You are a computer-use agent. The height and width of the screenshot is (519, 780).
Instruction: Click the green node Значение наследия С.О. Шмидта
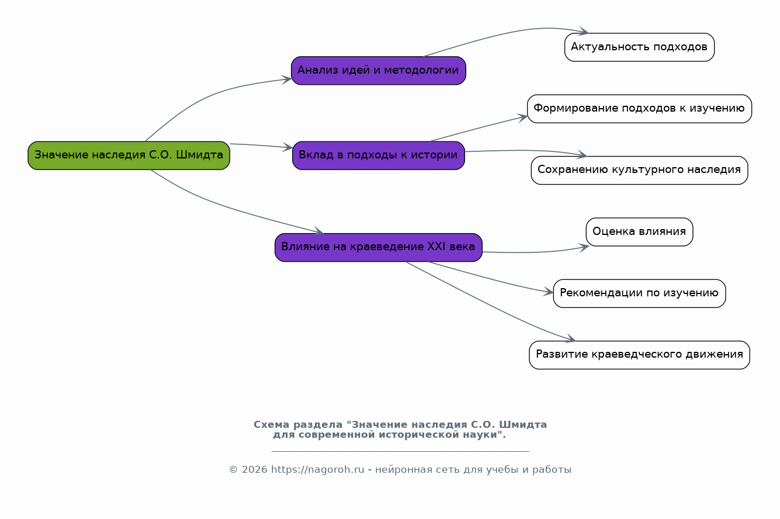pos(129,155)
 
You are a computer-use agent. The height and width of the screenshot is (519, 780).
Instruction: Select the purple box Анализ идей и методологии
pos(378,71)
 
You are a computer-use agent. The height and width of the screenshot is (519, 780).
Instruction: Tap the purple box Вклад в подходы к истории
pos(378,155)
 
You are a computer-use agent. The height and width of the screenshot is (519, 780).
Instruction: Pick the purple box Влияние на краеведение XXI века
pos(378,247)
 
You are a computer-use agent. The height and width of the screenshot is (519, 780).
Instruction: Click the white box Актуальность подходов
pos(639,47)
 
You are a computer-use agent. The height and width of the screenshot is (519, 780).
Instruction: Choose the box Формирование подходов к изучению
pos(639,109)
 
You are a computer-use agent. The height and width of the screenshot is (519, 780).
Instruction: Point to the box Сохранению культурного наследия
pos(639,170)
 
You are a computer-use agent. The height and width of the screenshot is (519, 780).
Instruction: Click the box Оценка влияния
pos(639,232)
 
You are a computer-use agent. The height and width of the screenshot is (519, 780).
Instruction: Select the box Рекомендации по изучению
pos(639,293)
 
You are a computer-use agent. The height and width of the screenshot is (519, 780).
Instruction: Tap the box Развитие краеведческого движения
pos(639,355)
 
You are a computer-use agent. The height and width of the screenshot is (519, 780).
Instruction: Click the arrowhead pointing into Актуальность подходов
pos(584,32)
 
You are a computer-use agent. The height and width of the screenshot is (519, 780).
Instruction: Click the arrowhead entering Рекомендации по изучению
pos(549,292)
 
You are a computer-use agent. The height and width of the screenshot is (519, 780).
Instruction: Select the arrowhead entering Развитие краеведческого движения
pos(571,340)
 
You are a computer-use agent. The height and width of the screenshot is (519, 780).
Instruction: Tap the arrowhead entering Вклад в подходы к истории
pos(288,148)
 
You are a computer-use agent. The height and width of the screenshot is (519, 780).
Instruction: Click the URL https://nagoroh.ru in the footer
pos(317,470)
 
